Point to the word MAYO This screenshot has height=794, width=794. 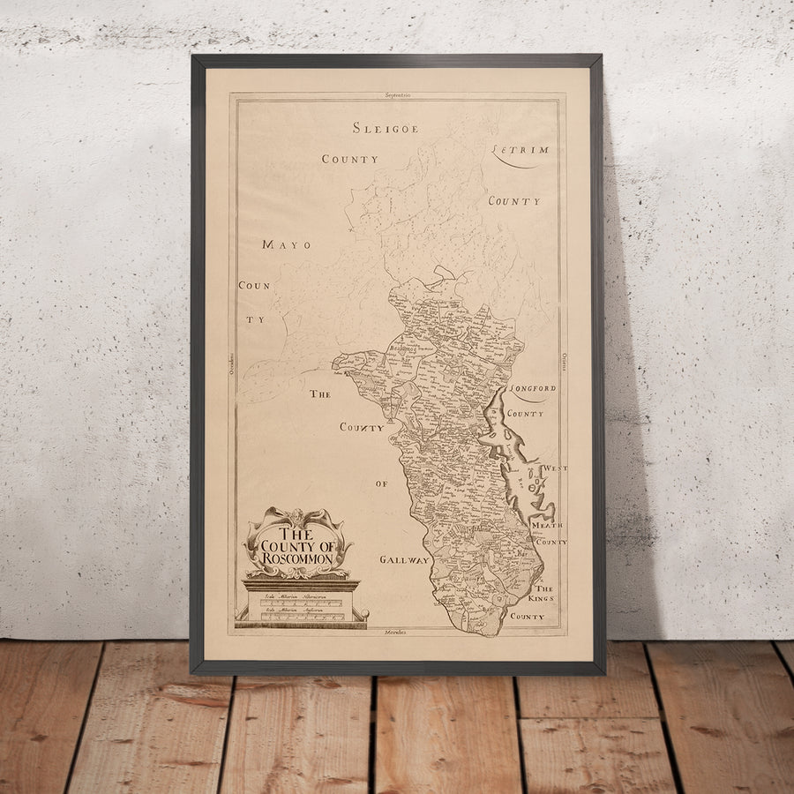click(x=286, y=244)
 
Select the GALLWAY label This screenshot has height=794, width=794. click(x=404, y=559)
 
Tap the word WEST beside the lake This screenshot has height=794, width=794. click(x=554, y=468)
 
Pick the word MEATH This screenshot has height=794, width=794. click(x=548, y=525)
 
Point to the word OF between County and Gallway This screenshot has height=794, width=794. click(x=381, y=483)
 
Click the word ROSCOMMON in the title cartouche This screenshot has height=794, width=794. click(x=297, y=558)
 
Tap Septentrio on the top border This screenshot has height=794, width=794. click(x=398, y=94)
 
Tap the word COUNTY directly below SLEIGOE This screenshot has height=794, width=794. click(x=349, y=160)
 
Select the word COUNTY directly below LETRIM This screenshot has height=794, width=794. click(x=514, y=201)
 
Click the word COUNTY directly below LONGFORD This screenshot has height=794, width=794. click(x=525, y=413)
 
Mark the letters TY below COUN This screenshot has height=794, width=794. click(x=254, y=320)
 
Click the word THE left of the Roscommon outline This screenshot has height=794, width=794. click(x=319, y=394)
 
